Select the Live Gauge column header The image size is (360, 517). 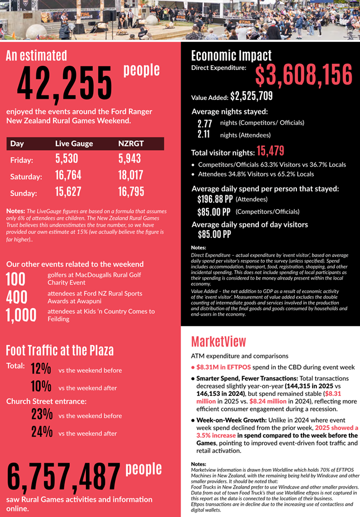[x=74, y=143]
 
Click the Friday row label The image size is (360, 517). [x=22, y=160]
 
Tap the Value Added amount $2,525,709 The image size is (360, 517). [x=251, y=96]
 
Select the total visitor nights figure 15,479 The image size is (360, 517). [x=271, y=151]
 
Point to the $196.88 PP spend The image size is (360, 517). [x=215, y=199]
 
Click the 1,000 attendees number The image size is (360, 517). [x=21, y=315]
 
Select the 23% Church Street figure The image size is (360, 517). [x=42, y=414]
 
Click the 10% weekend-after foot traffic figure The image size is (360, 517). [x=41, y=386]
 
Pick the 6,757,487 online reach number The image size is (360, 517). [x=64, y=476]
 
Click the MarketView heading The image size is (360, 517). [x=219, y=341]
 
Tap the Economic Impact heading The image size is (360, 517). [x=231, y=55]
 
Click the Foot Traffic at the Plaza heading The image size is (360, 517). [x=60, y=350]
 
